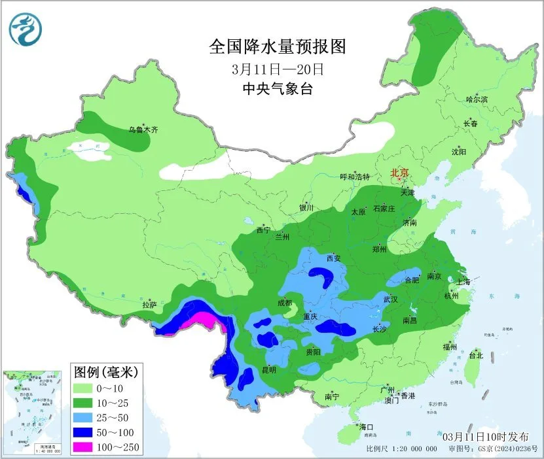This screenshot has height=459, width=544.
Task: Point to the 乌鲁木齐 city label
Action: click(143, 130)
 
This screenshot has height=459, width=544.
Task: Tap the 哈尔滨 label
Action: click(477, 99)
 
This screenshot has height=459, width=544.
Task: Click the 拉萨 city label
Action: click(150, 304)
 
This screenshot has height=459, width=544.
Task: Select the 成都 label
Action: click(284, 303)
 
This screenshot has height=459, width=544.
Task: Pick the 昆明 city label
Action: click(268, 369)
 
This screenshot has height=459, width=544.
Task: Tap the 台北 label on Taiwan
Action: click(476, 356)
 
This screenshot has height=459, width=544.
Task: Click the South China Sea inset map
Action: click(33, 411)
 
